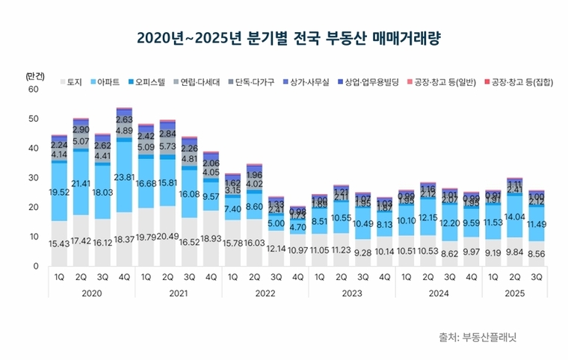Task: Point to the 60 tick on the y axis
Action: (32, 90)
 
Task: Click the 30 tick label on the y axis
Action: (32, 178)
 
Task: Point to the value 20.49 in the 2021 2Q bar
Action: (167, 237)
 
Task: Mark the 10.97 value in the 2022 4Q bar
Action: (297, 249)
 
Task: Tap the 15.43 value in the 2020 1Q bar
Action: (60, 244)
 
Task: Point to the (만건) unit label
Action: (35, 75)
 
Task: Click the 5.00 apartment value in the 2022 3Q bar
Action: (277, 223)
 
